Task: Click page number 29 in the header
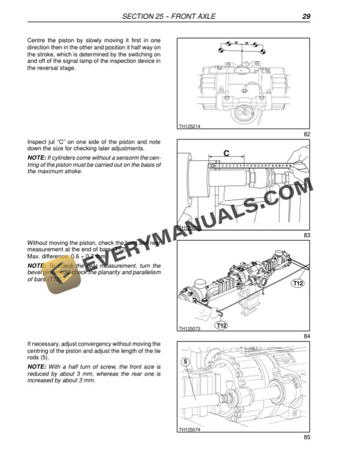pyautogui.click(x=306, y=16)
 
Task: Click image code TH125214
pyautogui.click(x=189, y=125)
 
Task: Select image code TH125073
pyautogui.click(x=189, y=328)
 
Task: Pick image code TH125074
pyautogui.click(x=189, y=430)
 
